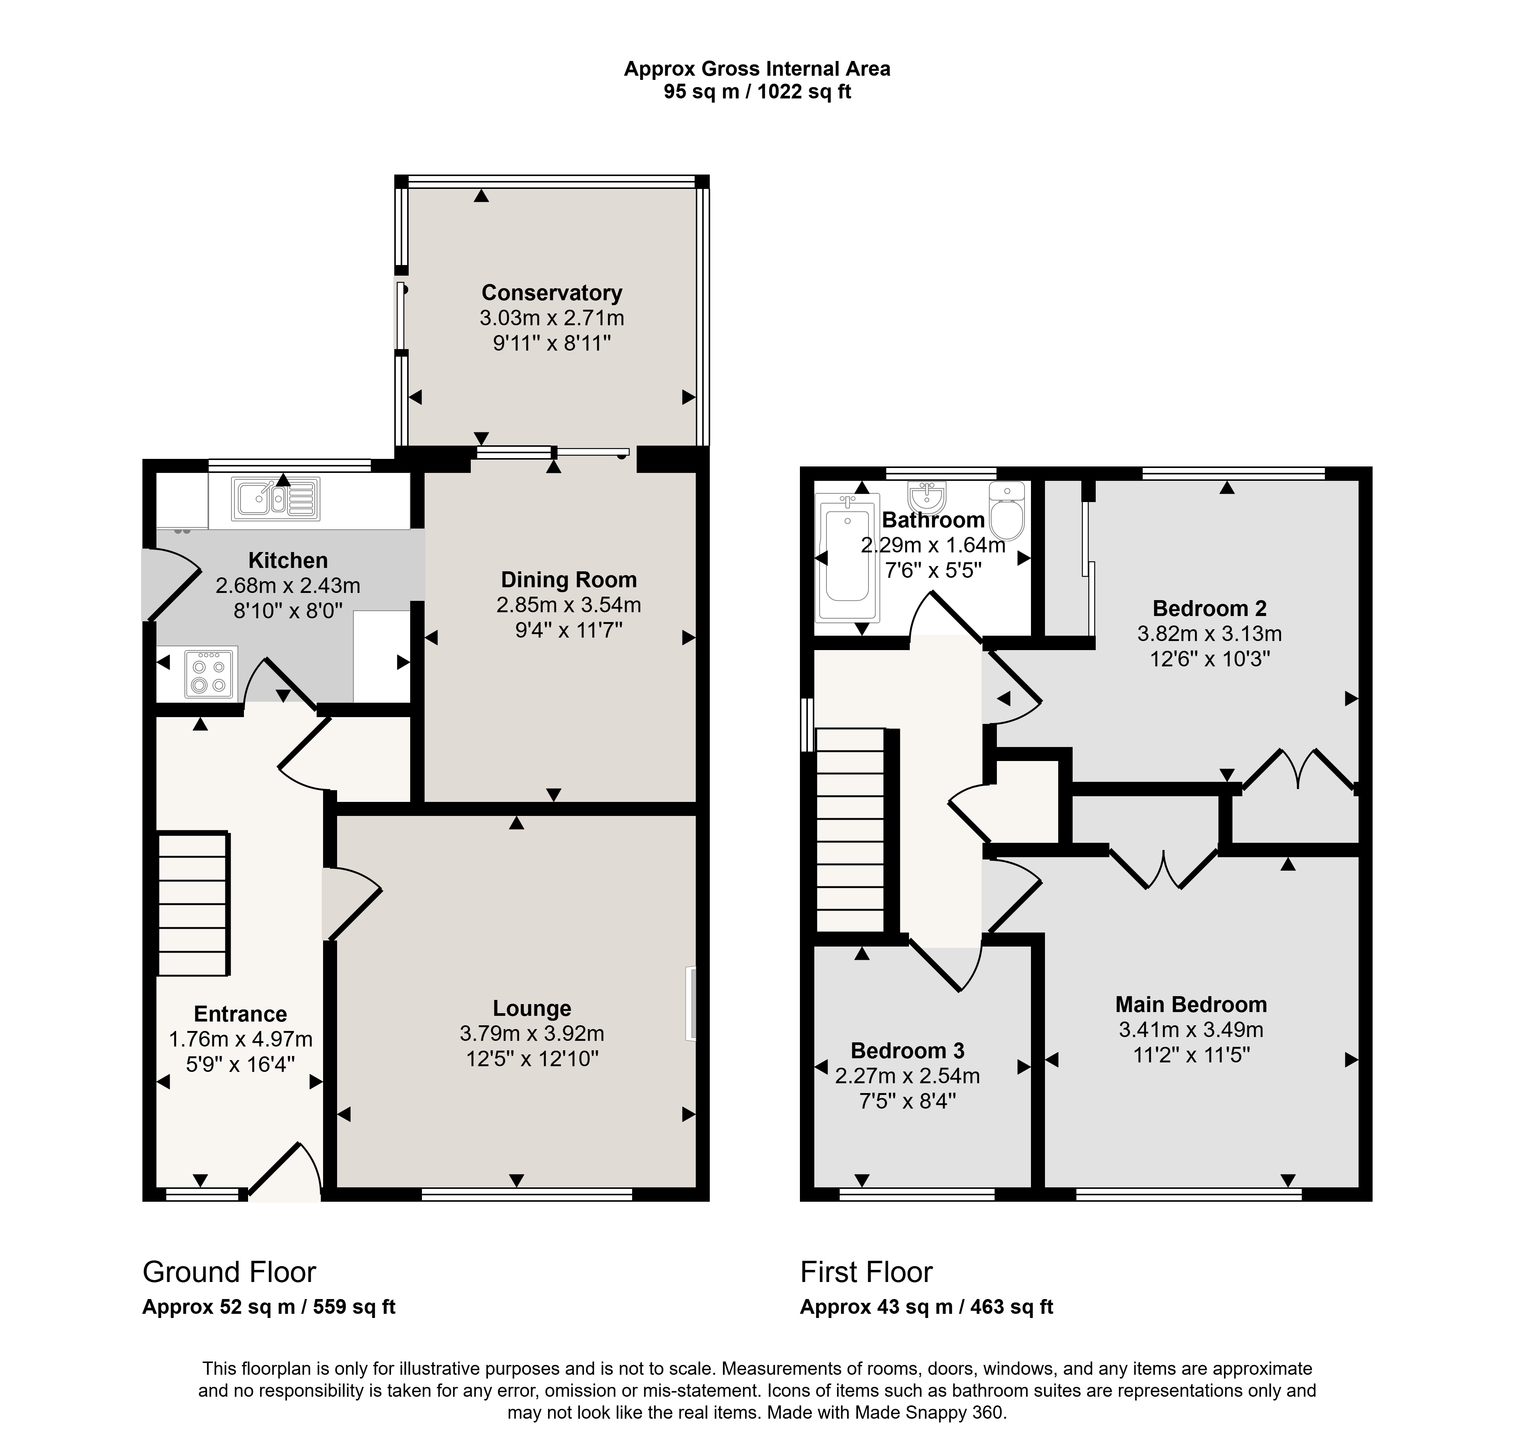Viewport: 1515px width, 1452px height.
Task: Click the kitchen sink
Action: click(x=275, y=498)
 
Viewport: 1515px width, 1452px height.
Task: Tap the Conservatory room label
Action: click(x=552, y=293)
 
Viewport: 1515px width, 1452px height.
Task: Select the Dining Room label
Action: click(x=569, y=580)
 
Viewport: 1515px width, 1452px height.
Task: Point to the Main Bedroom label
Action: click(x=1191, y=1004)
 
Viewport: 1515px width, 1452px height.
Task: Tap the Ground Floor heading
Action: click(x=230, y=1272)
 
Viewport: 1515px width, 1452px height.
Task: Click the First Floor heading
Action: click(x=867, y=1272)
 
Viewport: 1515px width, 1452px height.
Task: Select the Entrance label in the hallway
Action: click(x=241, y=1014)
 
